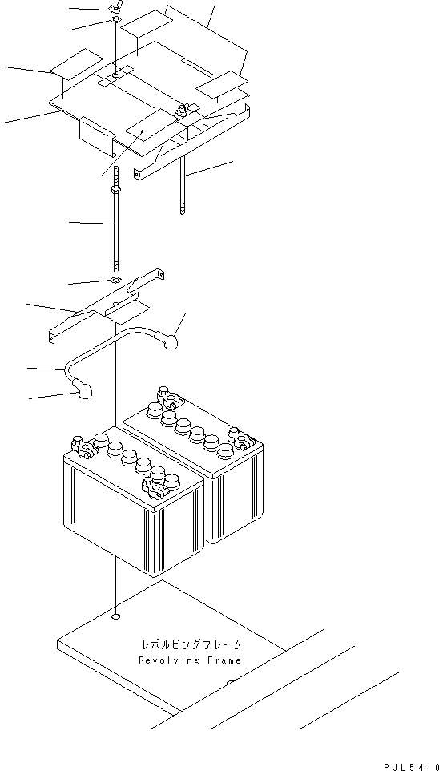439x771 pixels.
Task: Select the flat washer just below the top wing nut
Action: tap(116, 19)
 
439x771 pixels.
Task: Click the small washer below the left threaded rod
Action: tap(116, 281)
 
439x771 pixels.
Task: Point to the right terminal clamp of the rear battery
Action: tap(238, 437)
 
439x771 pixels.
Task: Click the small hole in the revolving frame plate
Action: tap(116, 617)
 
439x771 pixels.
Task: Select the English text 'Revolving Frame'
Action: tap(190, 660)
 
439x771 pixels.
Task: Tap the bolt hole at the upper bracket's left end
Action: tap(140, 172)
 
